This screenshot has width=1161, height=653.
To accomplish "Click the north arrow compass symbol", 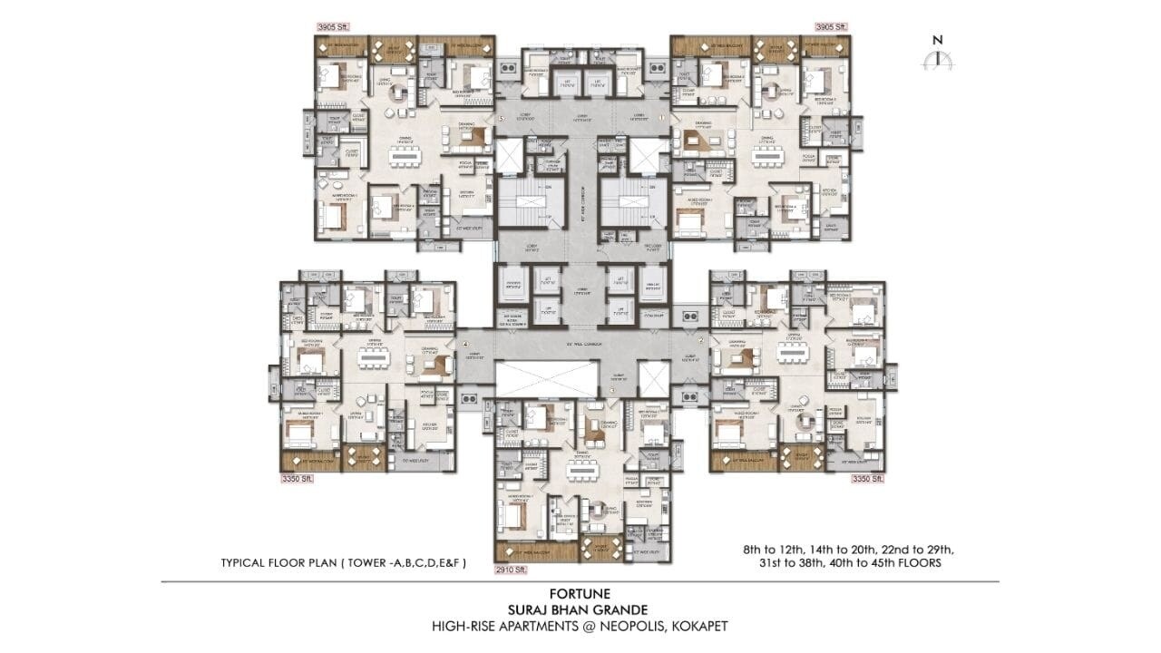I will (938, 57).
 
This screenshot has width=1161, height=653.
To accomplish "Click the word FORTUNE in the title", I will (580, 594).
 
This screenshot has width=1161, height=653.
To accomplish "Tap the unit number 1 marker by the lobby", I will (661, 118).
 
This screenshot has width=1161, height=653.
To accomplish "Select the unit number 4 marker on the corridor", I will (464, 345).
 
